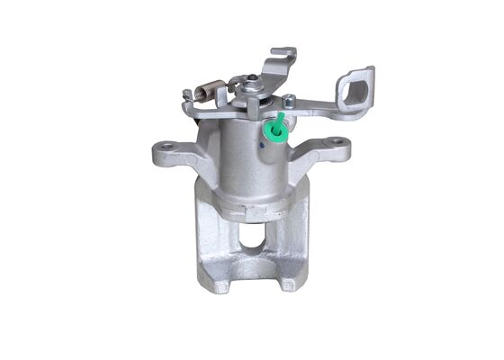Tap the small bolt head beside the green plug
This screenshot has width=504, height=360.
[291, 101]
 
